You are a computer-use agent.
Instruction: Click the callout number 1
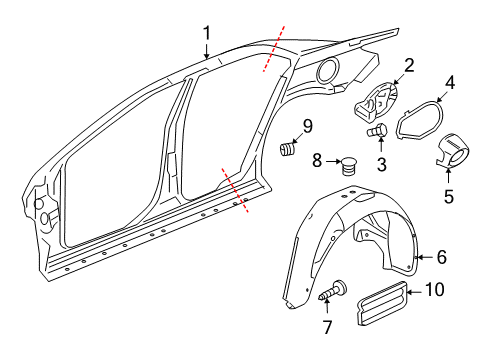coord(207,33)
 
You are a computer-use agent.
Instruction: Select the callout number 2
coord(409,66)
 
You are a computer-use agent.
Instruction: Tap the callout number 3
coord(382,164)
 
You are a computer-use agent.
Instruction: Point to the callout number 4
coord(450,82)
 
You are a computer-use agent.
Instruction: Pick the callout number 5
coord(449,196)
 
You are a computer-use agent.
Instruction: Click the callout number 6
coord(442,257)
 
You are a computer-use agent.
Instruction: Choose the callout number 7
coord(328,327)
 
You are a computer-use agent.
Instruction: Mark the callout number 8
coord(317,160)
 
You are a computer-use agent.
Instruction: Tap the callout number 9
coord(307,126)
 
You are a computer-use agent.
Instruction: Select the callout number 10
coord(435,289)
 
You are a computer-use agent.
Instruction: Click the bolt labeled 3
coord(377,130)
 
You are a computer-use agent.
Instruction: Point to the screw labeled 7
coord(333,290)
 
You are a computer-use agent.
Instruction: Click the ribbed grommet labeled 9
coord(287,149)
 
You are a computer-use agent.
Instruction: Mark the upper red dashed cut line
coord(274,49)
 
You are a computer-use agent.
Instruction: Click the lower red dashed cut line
coord(235,190)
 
